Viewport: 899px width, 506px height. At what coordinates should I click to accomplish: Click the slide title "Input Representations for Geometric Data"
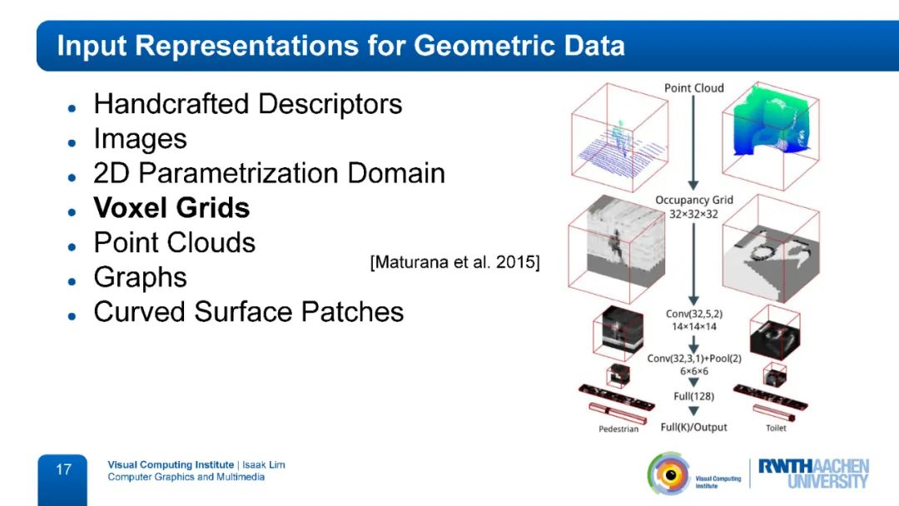pyautogui.click(x=340, y=45)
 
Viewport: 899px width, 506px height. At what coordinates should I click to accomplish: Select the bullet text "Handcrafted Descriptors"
pyautogui.click(x=248, y=104)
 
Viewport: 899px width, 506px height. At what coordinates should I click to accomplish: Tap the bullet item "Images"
pyautogui.click(x=140, y=139)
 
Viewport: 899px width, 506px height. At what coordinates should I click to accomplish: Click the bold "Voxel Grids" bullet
pyautogui.click(x=171, y=208)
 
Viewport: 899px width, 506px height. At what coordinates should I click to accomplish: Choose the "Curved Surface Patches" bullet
pyautogui.click(x=248, y=312)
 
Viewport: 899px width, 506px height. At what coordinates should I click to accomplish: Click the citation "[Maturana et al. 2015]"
pyautogui.click(x=454, y=263)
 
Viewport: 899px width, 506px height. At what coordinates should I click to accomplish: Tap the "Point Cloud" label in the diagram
pyautogui.click(x=693, y=88)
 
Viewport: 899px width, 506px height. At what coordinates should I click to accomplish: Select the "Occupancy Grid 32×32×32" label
pyautogui.click(x=693, y=206)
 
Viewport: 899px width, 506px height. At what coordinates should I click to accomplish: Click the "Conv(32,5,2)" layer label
pyautogui.click(x=693, y=314)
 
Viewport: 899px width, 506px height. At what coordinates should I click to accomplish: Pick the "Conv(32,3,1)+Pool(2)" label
pyautogui.click(x=693, y=359)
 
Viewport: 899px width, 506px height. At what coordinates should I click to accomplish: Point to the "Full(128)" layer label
pyautogui.click(x=693, y=396)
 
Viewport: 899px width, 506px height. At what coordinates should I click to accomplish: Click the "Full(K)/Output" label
pyautogui.click(x=693, y=427)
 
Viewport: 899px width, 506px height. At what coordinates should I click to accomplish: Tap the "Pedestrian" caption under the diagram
pyautogui.click(x=618, y=429)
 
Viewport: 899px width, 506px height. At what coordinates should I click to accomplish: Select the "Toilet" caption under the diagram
pyautogui.click(x=776, y=429)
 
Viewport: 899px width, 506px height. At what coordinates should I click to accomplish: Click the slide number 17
pyautogui.click(x=63, y=470)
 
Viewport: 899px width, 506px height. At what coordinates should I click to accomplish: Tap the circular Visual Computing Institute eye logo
pyautogui.click(x=668, y=474)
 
